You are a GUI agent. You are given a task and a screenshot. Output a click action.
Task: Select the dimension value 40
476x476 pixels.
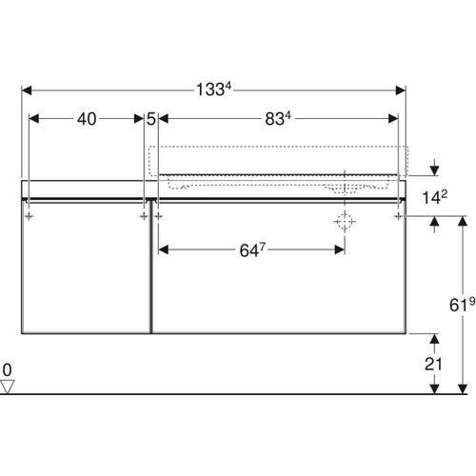pos(87,119)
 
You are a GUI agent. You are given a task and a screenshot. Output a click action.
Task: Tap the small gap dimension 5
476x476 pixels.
pos(151,119)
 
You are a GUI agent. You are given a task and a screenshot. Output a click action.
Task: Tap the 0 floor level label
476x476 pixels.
pos(8,368)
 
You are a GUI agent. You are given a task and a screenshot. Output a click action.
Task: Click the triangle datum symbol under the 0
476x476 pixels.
pos(9,386)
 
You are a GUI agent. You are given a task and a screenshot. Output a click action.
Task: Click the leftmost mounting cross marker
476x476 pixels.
pos(30,216)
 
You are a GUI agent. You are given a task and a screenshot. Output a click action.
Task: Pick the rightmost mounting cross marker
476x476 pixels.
pos(398,216)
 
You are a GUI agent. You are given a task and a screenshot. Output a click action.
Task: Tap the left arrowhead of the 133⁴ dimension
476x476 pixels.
pos(26,90)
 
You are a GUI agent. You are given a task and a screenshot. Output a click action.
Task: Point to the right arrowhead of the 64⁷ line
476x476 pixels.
pos(339,250)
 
